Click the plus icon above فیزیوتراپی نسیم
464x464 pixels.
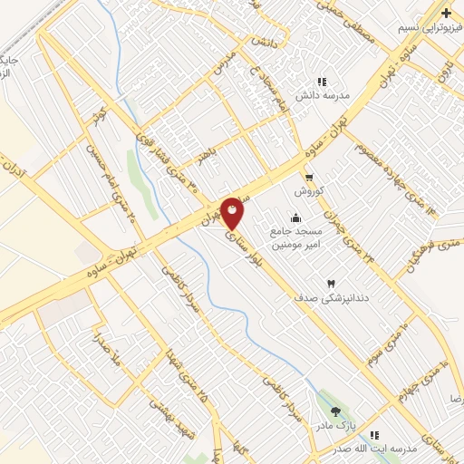(447, 13)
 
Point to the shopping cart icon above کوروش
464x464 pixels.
(309, 178)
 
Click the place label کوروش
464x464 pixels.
(309, 192)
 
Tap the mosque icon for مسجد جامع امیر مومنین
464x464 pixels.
(295, 217)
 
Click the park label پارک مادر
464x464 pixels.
(336, 425)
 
